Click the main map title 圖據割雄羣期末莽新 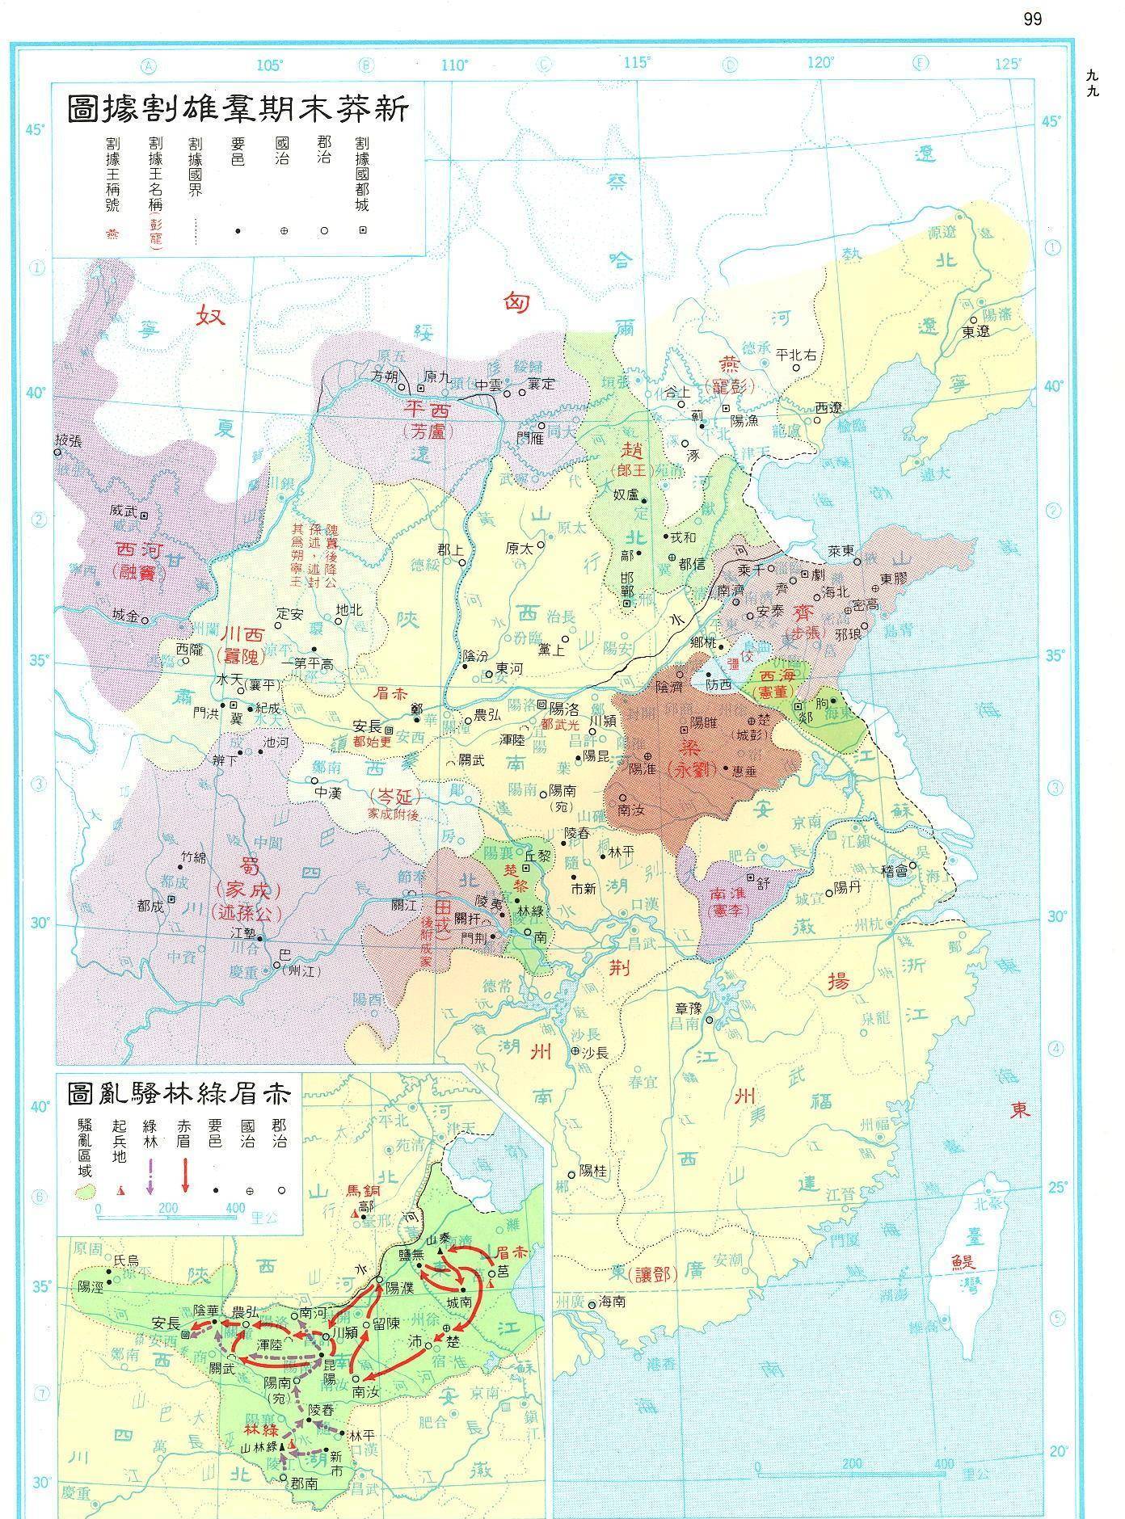(238, 108)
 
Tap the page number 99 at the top (1032, 19)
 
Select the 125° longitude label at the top (1008, 65)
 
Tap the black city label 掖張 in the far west (67, 441)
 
